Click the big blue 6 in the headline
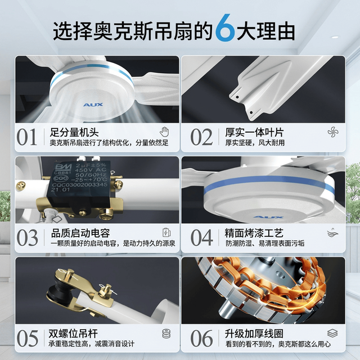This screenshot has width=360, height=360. tap(225, 28)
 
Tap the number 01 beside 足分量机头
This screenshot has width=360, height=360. tap(26, 137)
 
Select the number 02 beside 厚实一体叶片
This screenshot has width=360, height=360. tap(201, 137)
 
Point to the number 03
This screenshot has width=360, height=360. tap(27, 237)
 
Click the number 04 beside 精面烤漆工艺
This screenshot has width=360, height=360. tap(201, 237)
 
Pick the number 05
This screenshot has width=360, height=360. tap(27, 339)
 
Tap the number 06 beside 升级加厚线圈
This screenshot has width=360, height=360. tap(201, 339)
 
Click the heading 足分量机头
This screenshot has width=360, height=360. tap(74, 133)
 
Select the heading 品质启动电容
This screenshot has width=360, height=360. tap(80, 233)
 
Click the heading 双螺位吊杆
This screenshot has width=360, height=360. tap(73, 334)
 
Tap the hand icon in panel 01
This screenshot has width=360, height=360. tap(164, 132)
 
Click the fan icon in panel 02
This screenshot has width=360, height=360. tap(333, 132)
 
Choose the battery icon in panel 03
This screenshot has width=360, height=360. tap(166, 232)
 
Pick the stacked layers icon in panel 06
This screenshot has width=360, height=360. tap(332, 333)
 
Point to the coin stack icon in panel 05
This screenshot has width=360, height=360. tap(166, 334)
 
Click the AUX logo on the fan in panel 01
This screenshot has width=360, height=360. tap(93, 105)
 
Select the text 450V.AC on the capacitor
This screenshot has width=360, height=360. tap(91, 170)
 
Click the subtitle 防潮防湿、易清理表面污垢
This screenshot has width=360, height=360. tap(265, 244)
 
